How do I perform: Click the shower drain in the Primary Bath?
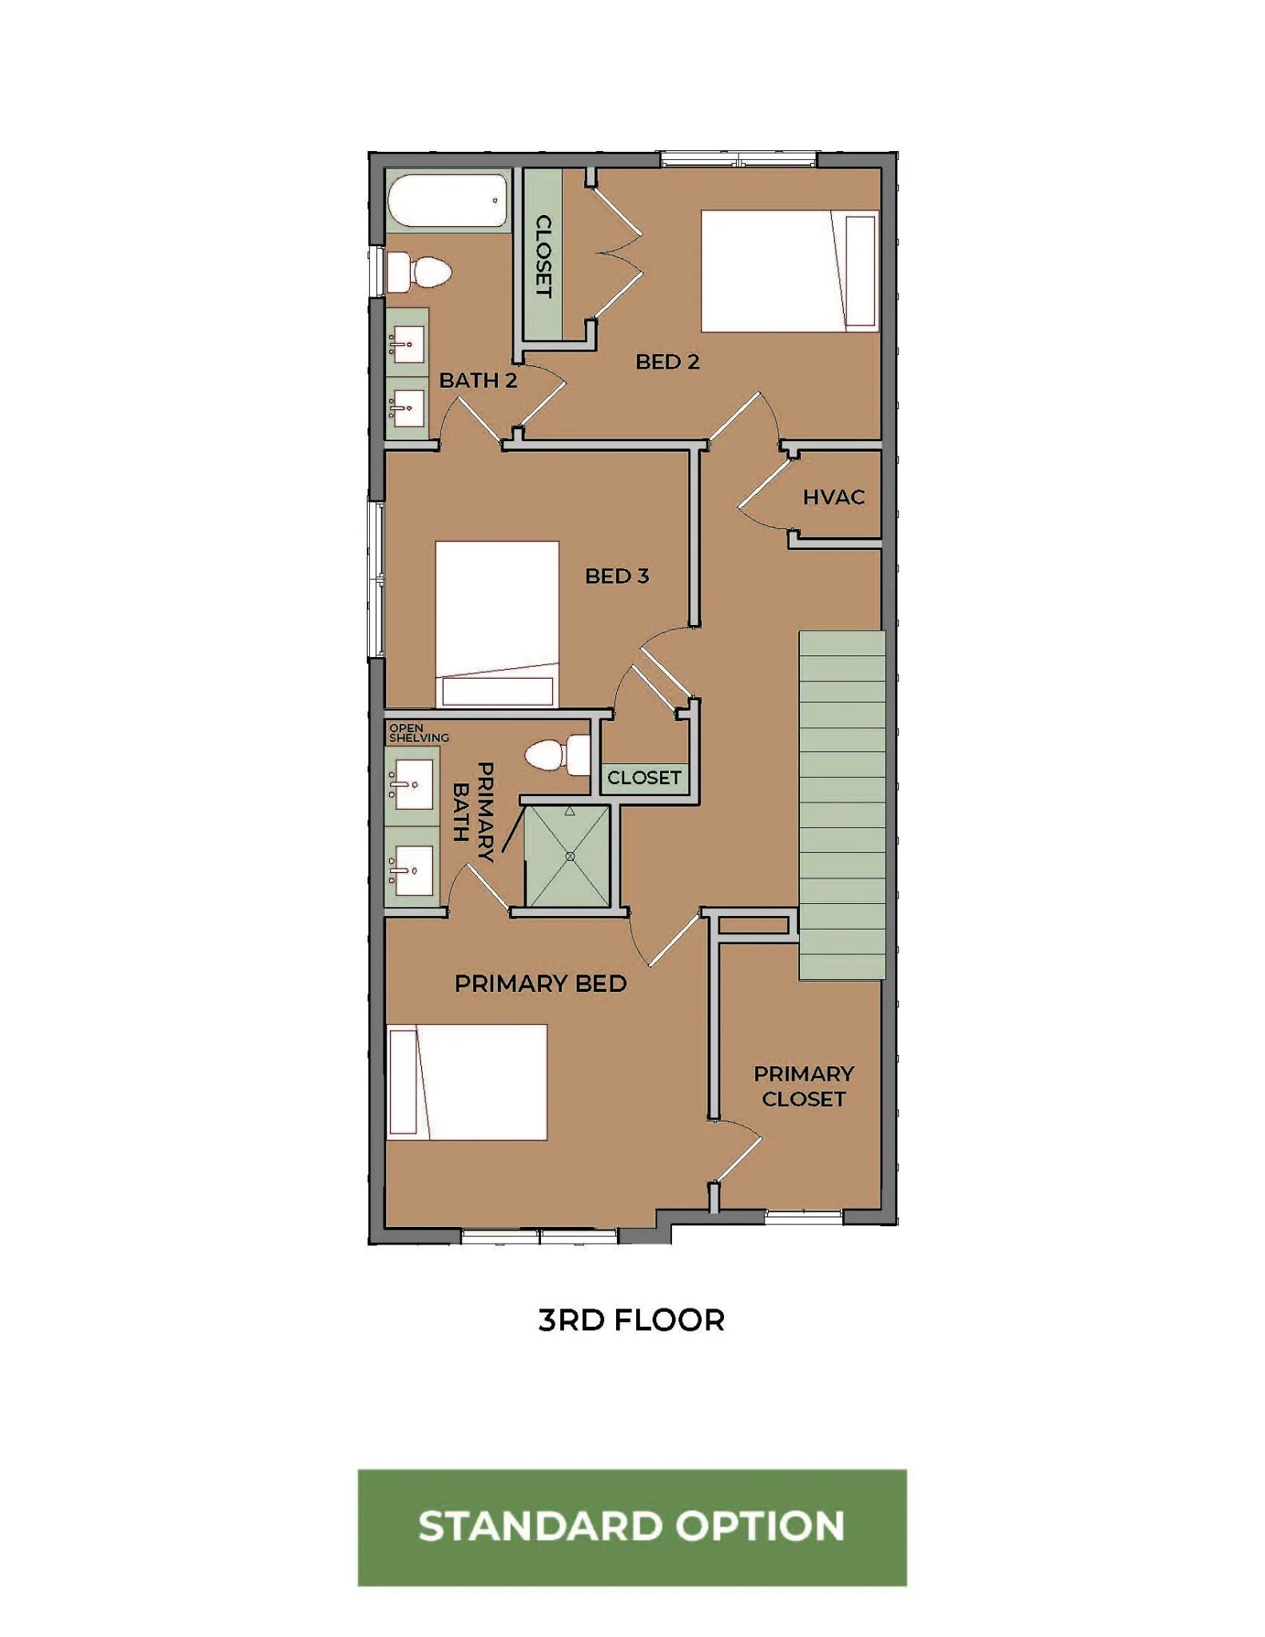pyautogui.click(x=570, y=856)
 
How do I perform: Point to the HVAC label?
pyautogui.click(x=833, y=497)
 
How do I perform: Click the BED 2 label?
pyautogui.click(x=667, y=362)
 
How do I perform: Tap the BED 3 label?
pyautogui.click(x=617, y=576)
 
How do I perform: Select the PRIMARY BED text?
pyautogui.click(x=540, y=984)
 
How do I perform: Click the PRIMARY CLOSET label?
pyautogui.click(x=804, y=1086)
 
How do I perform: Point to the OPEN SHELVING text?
pyautogui.click(x=419, y=733)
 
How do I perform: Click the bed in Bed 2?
pyautogui.click(x=790, y=271)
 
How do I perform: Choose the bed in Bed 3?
pyautogui.click(x=497, y=625)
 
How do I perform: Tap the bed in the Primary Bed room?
pyautogui.click(x=467, y=1082)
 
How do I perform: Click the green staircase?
pyautogui.click(x=842, y=805)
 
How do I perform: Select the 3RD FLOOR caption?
pyautogui.click(x=631, y=1320)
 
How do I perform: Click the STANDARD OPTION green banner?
pyautogui.click(x=632, y=1527)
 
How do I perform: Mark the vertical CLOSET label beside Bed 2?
pyautogui.click(x=543, y=256)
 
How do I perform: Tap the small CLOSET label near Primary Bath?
pyautogui.click(x=644, y=778)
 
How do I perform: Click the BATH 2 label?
pyautogui.click(x=478, y=380)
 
